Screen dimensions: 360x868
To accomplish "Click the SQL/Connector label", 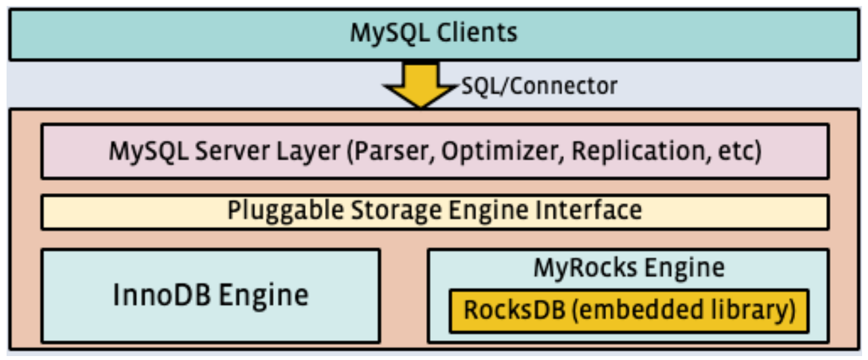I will point(539,85).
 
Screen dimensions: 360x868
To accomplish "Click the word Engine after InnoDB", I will point(263,295).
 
